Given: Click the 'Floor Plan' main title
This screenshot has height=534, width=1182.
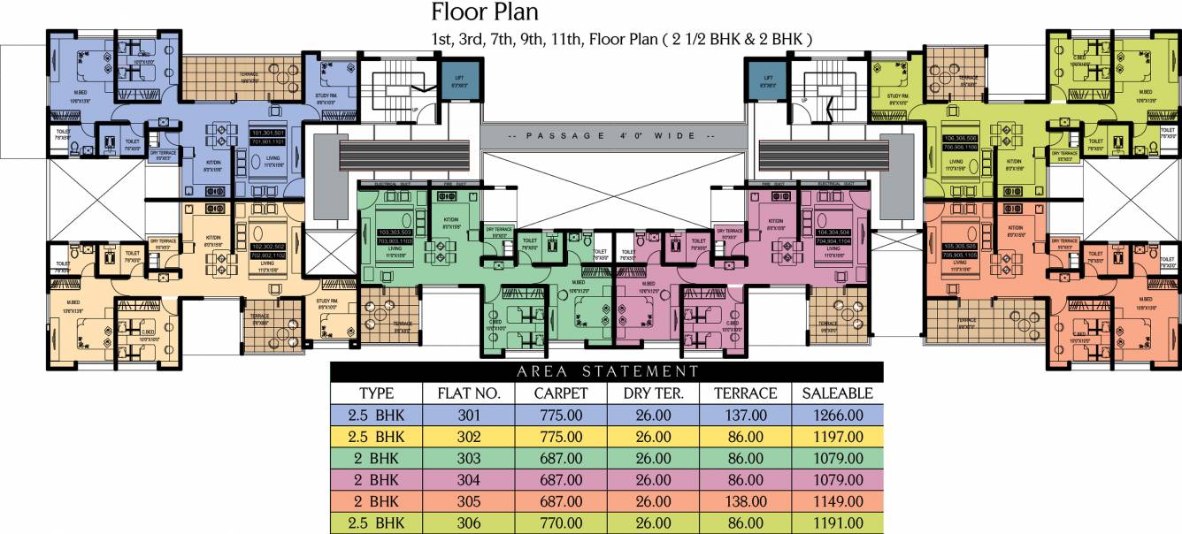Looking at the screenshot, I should pos(485,12).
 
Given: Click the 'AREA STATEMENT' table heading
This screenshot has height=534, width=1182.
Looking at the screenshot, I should pos(606,371).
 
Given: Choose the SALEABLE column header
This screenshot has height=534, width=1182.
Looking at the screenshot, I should pos(837,393).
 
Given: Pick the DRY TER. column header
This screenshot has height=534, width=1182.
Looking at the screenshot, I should pos(653,393).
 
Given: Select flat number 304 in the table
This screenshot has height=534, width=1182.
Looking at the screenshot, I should pos(469,480).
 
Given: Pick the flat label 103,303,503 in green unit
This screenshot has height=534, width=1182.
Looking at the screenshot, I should pos(378,233).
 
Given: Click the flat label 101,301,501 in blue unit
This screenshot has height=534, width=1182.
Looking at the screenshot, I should pos(267,133).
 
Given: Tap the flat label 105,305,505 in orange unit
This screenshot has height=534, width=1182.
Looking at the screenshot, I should pos(960,247).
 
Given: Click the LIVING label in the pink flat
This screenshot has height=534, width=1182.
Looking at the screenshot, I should pos(833,249).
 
